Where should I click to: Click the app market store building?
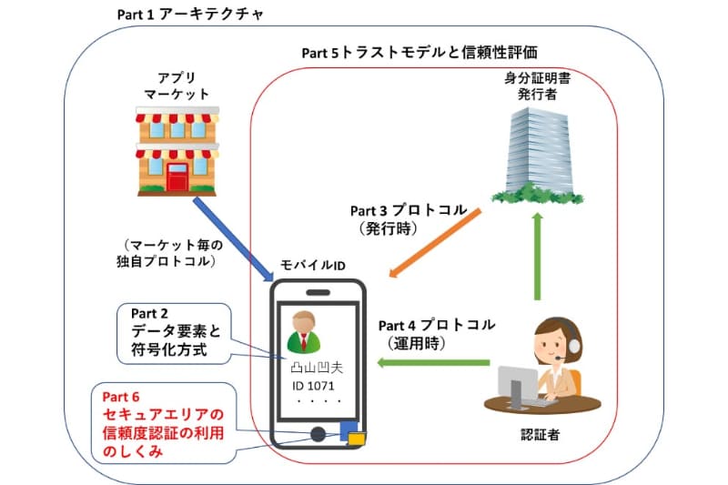(177, 149)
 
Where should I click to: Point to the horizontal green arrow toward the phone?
(436, 363)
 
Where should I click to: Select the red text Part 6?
(120, 396)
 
